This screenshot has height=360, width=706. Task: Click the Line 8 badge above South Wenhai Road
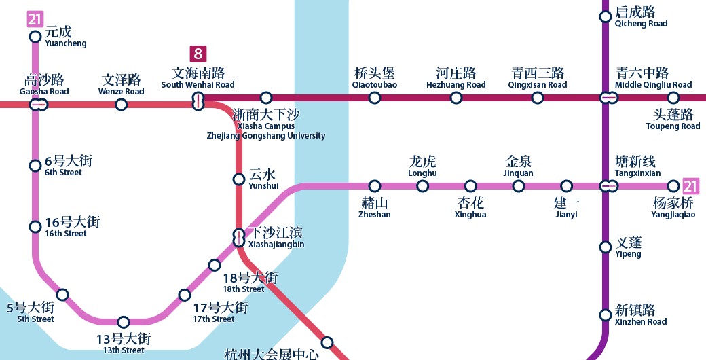[x=198, y=54]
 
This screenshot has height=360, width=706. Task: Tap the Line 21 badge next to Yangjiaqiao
[x=690, y=185]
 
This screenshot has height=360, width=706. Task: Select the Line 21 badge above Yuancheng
[x=35, y=19]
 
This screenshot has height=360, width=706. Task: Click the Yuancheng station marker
[x=35, y=37]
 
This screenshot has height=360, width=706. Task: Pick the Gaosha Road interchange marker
[x=39, y=105]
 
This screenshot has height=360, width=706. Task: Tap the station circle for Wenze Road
[x=121, y=105]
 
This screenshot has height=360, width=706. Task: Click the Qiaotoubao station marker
[x=375, y=98]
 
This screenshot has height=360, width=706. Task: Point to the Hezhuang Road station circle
[x=456, y=98]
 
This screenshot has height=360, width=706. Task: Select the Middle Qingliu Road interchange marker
[x=609, y=98]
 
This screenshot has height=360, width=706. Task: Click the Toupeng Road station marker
[x=673, y=98]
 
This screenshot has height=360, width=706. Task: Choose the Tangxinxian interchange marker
[x=609, y=185]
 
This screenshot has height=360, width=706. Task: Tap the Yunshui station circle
[x=239, y=179]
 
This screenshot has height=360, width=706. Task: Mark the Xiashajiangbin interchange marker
[x=239, y=237]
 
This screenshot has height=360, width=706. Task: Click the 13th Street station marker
[x=124, y=322]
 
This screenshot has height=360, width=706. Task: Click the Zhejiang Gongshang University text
[x=266, y=136]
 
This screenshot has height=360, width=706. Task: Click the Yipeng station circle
[x=606, y=247]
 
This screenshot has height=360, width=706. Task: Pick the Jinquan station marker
[x=519, y=186]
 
